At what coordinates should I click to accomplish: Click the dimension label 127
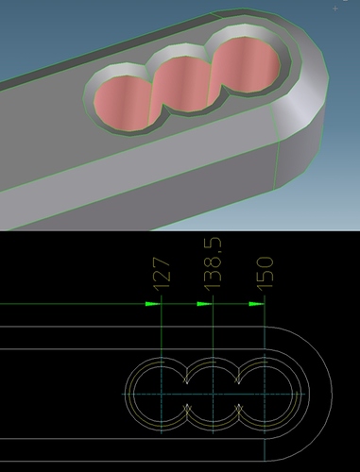click(162, 273)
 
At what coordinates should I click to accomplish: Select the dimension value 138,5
click(213, 263)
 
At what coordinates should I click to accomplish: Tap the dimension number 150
click(265, 273)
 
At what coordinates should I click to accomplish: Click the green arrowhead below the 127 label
click(153, 304)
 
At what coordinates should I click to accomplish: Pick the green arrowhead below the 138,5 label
click(205, 304)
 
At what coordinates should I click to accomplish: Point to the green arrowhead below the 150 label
click(257, 304)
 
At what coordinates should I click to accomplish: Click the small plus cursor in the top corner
click(335, 8)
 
